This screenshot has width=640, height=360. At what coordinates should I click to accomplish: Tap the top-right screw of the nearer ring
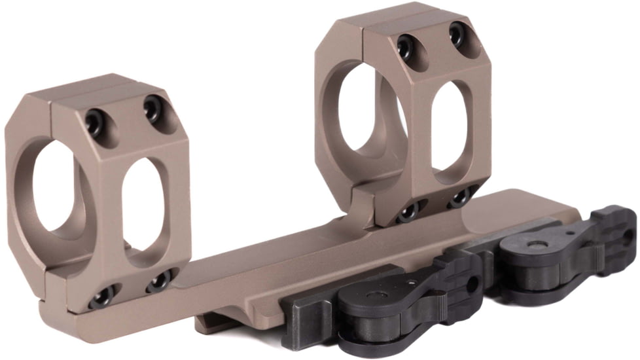click(154, 107)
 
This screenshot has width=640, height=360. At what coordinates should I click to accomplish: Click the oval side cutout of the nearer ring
click(144, 209)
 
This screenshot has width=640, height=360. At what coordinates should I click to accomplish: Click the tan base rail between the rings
click(275, 262)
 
